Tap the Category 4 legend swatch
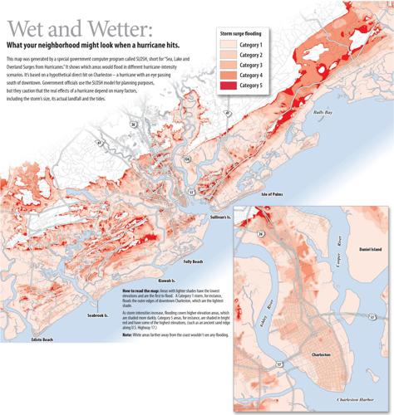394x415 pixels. tap(230, 75)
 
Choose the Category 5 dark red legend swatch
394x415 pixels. tap(230, 85)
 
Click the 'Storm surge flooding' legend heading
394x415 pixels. tap(250, 32)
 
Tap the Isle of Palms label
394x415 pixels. tap(274, 193)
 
